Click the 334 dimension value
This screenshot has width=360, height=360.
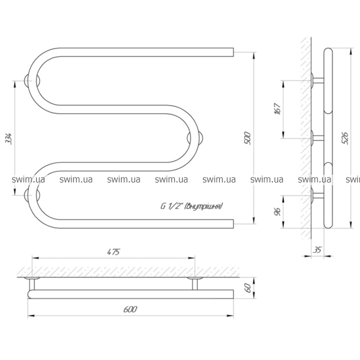(9, 138)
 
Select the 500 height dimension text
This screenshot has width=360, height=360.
(247, 138)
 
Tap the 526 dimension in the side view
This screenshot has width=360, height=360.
(345, 138)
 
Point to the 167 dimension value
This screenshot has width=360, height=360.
(278, 109)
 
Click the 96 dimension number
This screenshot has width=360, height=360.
(278, 211)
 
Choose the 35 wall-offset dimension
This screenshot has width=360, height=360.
(317, 249)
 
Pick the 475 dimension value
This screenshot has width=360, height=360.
(113, 252)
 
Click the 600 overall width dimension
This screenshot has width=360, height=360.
(130, 309)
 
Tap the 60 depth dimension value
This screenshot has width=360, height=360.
(247, 288)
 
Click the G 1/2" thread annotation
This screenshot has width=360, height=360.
(192, 206)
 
